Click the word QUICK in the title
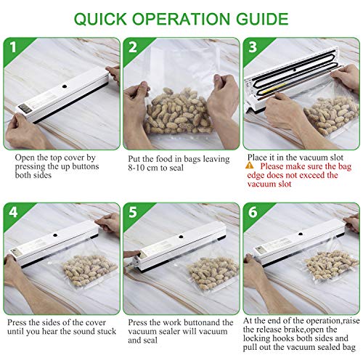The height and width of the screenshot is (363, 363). tap(100, 19)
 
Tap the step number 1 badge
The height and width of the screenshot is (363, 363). tap(13, 47)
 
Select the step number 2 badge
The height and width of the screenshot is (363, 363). tap(133, 47)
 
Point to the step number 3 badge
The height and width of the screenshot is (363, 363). tap(253, 47)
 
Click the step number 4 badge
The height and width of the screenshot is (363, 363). tap(13, 212)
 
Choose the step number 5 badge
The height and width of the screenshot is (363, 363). tap(133, 212)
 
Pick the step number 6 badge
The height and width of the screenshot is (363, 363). tap(253, 212)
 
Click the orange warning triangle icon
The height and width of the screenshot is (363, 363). tap(250, 166)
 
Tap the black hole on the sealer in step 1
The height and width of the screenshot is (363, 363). tap(65, 86)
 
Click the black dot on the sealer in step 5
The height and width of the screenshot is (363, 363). tap(181, 237)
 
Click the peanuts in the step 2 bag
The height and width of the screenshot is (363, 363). tap(179, 110)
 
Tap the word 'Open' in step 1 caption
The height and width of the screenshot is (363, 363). tap(25, 158)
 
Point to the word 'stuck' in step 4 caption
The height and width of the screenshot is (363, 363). tap(107, 331)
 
